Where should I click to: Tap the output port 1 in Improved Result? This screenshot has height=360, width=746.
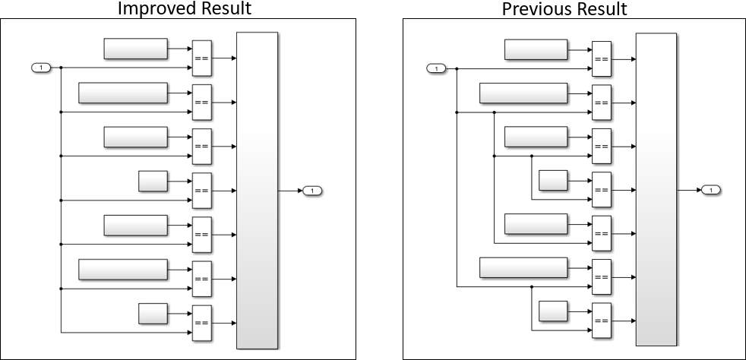point(313,190)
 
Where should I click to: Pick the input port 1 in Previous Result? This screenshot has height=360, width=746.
point(436,69)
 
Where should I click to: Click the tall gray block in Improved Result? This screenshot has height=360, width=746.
point(257,190)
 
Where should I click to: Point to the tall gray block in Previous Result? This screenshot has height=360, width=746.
point(656,188)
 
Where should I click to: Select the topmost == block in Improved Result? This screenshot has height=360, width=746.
point(201,58)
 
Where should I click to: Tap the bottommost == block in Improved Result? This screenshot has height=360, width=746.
point(201,323)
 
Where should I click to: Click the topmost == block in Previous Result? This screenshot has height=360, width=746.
point(601,59)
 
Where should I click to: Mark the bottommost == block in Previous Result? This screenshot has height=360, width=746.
point(601,321)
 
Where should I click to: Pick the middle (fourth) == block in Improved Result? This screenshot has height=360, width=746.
point(201,191)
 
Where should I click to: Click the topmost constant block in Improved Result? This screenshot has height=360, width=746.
point(135,49)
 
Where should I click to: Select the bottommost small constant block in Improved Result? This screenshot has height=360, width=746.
point(153,313)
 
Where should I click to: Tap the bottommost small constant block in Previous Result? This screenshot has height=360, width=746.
point(552,311)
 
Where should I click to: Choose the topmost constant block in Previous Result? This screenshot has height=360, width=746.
point(536,49)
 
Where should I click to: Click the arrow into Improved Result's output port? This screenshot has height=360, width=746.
point(291,190)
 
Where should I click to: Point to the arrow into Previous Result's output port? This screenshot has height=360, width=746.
point(689,189)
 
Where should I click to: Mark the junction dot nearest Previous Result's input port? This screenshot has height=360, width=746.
point(456,69)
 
